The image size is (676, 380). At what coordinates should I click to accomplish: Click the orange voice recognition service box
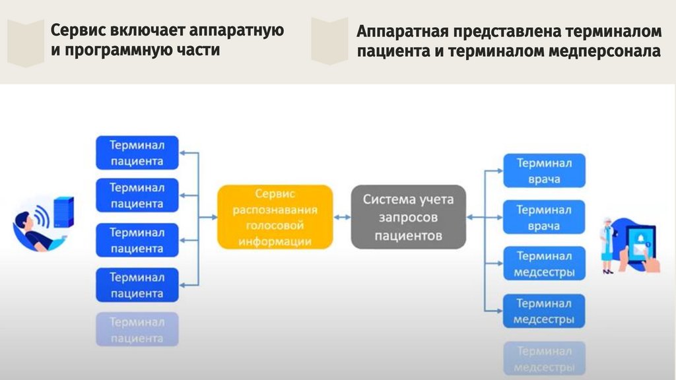(x=275, y=217)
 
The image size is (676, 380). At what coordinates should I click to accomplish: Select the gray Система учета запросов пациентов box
(x=408, y=217)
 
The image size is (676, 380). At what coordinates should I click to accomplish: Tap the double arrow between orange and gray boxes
(x=342, y=216)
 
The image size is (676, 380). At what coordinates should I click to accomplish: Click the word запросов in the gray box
(x=408, y=217)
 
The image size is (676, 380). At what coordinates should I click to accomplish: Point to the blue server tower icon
(x=63, y=213)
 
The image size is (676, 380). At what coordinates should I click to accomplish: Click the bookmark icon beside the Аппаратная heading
(x=329, y=41)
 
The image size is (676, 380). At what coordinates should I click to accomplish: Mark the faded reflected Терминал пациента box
(x=137, y=330)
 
